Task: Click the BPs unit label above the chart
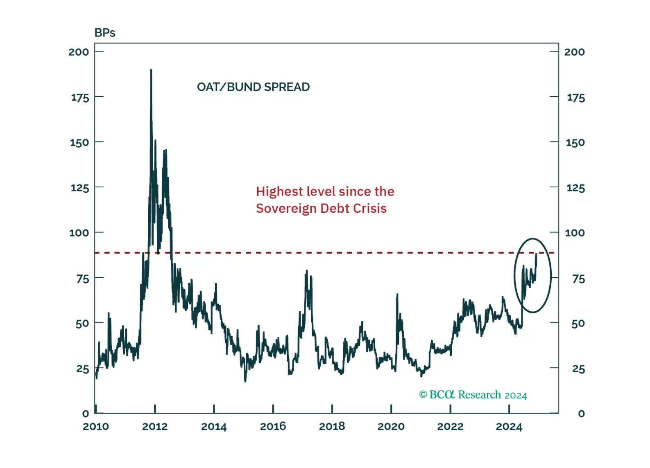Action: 105,33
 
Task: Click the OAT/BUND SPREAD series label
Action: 253,87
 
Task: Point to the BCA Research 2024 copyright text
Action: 473,395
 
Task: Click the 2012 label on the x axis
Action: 155,427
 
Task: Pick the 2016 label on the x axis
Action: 273,427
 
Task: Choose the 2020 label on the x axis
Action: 391,427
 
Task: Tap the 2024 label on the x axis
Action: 509,427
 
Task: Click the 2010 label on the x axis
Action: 96,427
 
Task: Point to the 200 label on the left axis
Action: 79,52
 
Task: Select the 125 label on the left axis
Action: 79,188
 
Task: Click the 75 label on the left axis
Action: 82,279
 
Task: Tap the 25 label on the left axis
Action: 82,369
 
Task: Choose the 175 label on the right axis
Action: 575,98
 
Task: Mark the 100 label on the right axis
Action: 575,233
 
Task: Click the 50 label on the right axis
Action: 578,324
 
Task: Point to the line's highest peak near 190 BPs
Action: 151,70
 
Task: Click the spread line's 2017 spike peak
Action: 306,271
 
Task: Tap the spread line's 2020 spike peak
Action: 397,294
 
